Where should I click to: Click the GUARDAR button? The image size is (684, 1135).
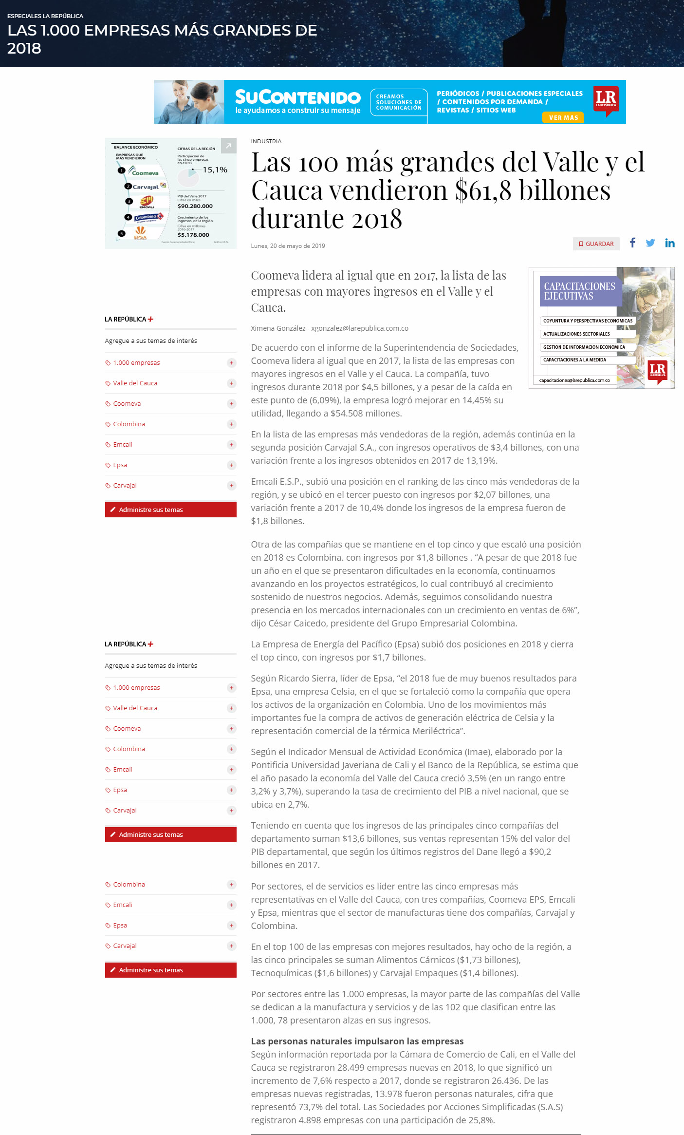click(x=596, y=244)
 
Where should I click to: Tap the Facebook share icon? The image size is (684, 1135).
click(x=632, y=243)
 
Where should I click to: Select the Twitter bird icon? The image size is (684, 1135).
click(x=650, y=243)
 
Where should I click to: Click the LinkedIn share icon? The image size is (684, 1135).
click(x=670, y=243)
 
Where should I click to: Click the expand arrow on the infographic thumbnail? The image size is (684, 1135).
click(x=228, y=146)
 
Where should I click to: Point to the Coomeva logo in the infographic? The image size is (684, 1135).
click(x=144, y=171)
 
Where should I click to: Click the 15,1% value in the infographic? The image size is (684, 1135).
click(x=215, y=170)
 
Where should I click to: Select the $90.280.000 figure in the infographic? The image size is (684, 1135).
click(x=195, y=206)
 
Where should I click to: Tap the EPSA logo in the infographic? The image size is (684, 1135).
click(x=140, y=233)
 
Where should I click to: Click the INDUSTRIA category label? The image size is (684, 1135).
click(x=266, y=141)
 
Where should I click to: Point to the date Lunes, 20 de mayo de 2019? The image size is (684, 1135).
click(x=288, y=246)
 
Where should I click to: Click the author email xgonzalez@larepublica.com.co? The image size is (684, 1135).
click(x=360, y=328)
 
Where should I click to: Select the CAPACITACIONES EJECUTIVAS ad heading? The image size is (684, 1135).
click(x=579, y=291)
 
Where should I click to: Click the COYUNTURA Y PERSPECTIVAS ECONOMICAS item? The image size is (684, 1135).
click(x=588, y=321)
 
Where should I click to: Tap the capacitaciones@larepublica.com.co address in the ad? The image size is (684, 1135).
click(x=574, y=380)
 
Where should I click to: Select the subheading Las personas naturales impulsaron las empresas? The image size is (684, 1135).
click(x=357, y=1041)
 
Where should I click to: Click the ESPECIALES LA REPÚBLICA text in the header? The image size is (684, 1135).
click(x=45, y=16)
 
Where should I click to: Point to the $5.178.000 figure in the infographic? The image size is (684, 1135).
click(x=193, y=235)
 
